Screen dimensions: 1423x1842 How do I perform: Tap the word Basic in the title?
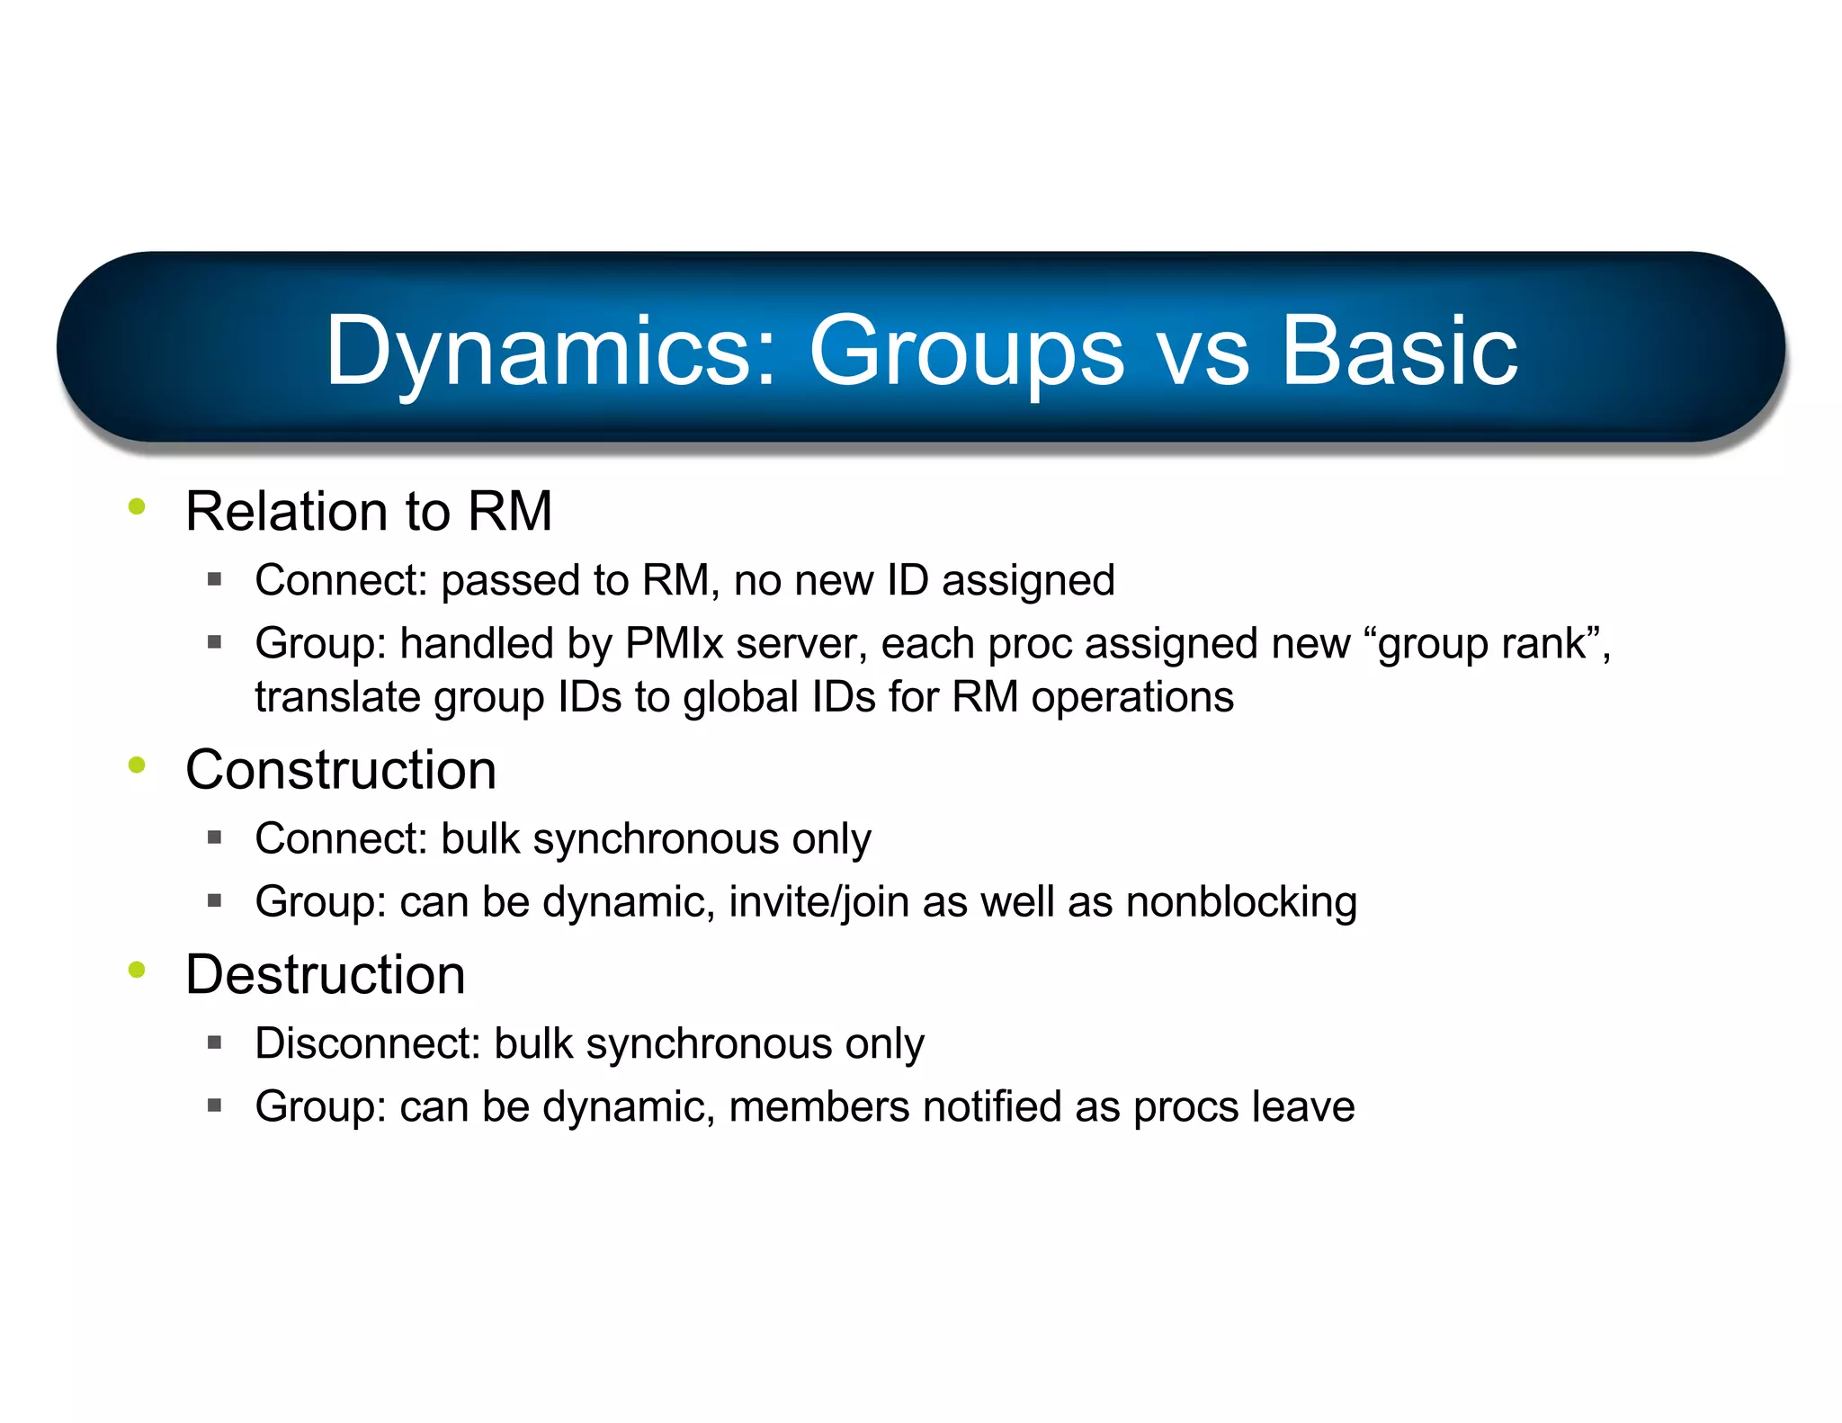point(1399,351)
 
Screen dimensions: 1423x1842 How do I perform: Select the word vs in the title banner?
point(1203,353)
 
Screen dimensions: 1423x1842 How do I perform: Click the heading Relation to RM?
point(368,511)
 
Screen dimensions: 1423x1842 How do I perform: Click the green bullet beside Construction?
point(137,765)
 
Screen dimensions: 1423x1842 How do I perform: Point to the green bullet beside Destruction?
point(137,970)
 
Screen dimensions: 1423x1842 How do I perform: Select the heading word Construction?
point(341,770)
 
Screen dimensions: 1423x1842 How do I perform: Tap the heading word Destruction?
point(325,974)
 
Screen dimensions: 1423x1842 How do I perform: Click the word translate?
point(336,697)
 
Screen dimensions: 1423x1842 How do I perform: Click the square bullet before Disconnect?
point(214,1043)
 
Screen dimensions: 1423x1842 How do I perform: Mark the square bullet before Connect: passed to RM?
point(214,580)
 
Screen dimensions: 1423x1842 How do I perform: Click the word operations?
point(1132,697)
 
